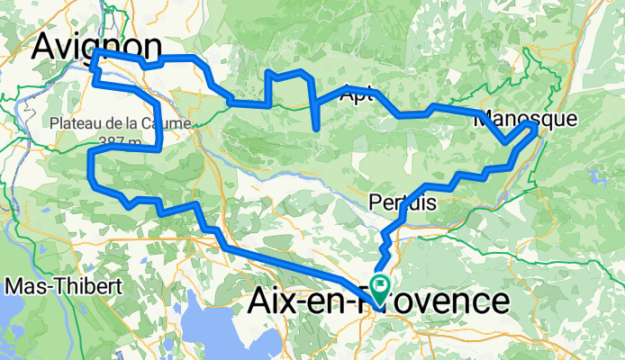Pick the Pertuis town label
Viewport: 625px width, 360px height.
[403, 203]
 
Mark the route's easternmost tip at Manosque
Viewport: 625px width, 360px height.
[537, 129]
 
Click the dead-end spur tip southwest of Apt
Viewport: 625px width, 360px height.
[317, 130]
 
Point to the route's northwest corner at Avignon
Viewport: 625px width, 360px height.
[95, 53]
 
